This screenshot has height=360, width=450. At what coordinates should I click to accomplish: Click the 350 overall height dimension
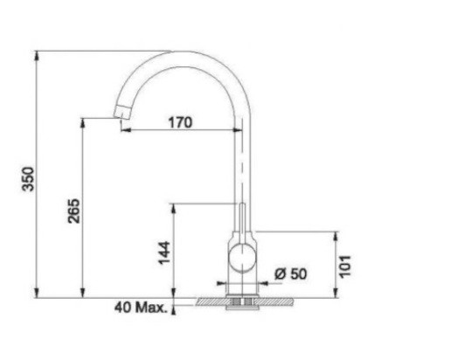29,179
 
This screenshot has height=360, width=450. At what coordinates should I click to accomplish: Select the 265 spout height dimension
73,211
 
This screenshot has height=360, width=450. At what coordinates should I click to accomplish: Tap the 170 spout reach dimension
181,122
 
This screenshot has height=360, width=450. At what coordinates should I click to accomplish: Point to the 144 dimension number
164,253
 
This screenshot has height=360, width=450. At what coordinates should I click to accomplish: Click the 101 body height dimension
345,267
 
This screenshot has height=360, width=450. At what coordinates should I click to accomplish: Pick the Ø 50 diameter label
291,273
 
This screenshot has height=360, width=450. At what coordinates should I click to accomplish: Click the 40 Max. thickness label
141,308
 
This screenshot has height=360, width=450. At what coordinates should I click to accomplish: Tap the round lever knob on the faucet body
242,259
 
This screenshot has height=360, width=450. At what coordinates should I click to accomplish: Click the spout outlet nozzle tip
121,112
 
